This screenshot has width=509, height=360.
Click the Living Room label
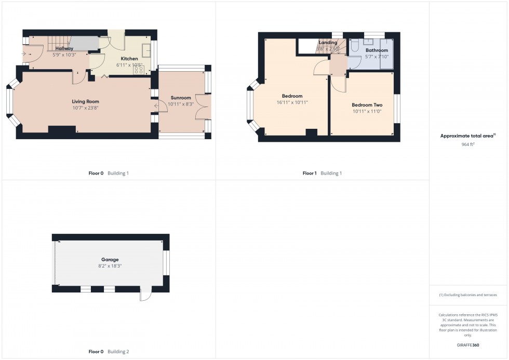pyautogui.click(x=85, y=101)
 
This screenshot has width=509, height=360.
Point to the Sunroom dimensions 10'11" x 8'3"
pyautogui.click(x=181, y=104)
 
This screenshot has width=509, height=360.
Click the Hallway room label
pyautogui.click(x=64, y=48)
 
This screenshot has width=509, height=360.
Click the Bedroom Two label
pyautogui.click(x=367, y=105)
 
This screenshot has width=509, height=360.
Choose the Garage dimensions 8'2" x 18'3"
pyautogui.click(x=110, y=265)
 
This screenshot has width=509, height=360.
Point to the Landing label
pyautogui.click(x=328, y=43)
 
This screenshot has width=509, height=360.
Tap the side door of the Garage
pyautogui.click(x=145, y=294)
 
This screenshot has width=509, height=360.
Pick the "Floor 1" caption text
pyautogui.click(x=309, y=174)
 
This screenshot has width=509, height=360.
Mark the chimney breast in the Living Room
pyautogui.click(x=61, y=128)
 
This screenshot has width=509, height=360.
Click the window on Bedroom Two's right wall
pyautogui.click(x=398, y=110)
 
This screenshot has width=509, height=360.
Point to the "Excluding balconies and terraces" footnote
pyautogui.click(x=468, y=295)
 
